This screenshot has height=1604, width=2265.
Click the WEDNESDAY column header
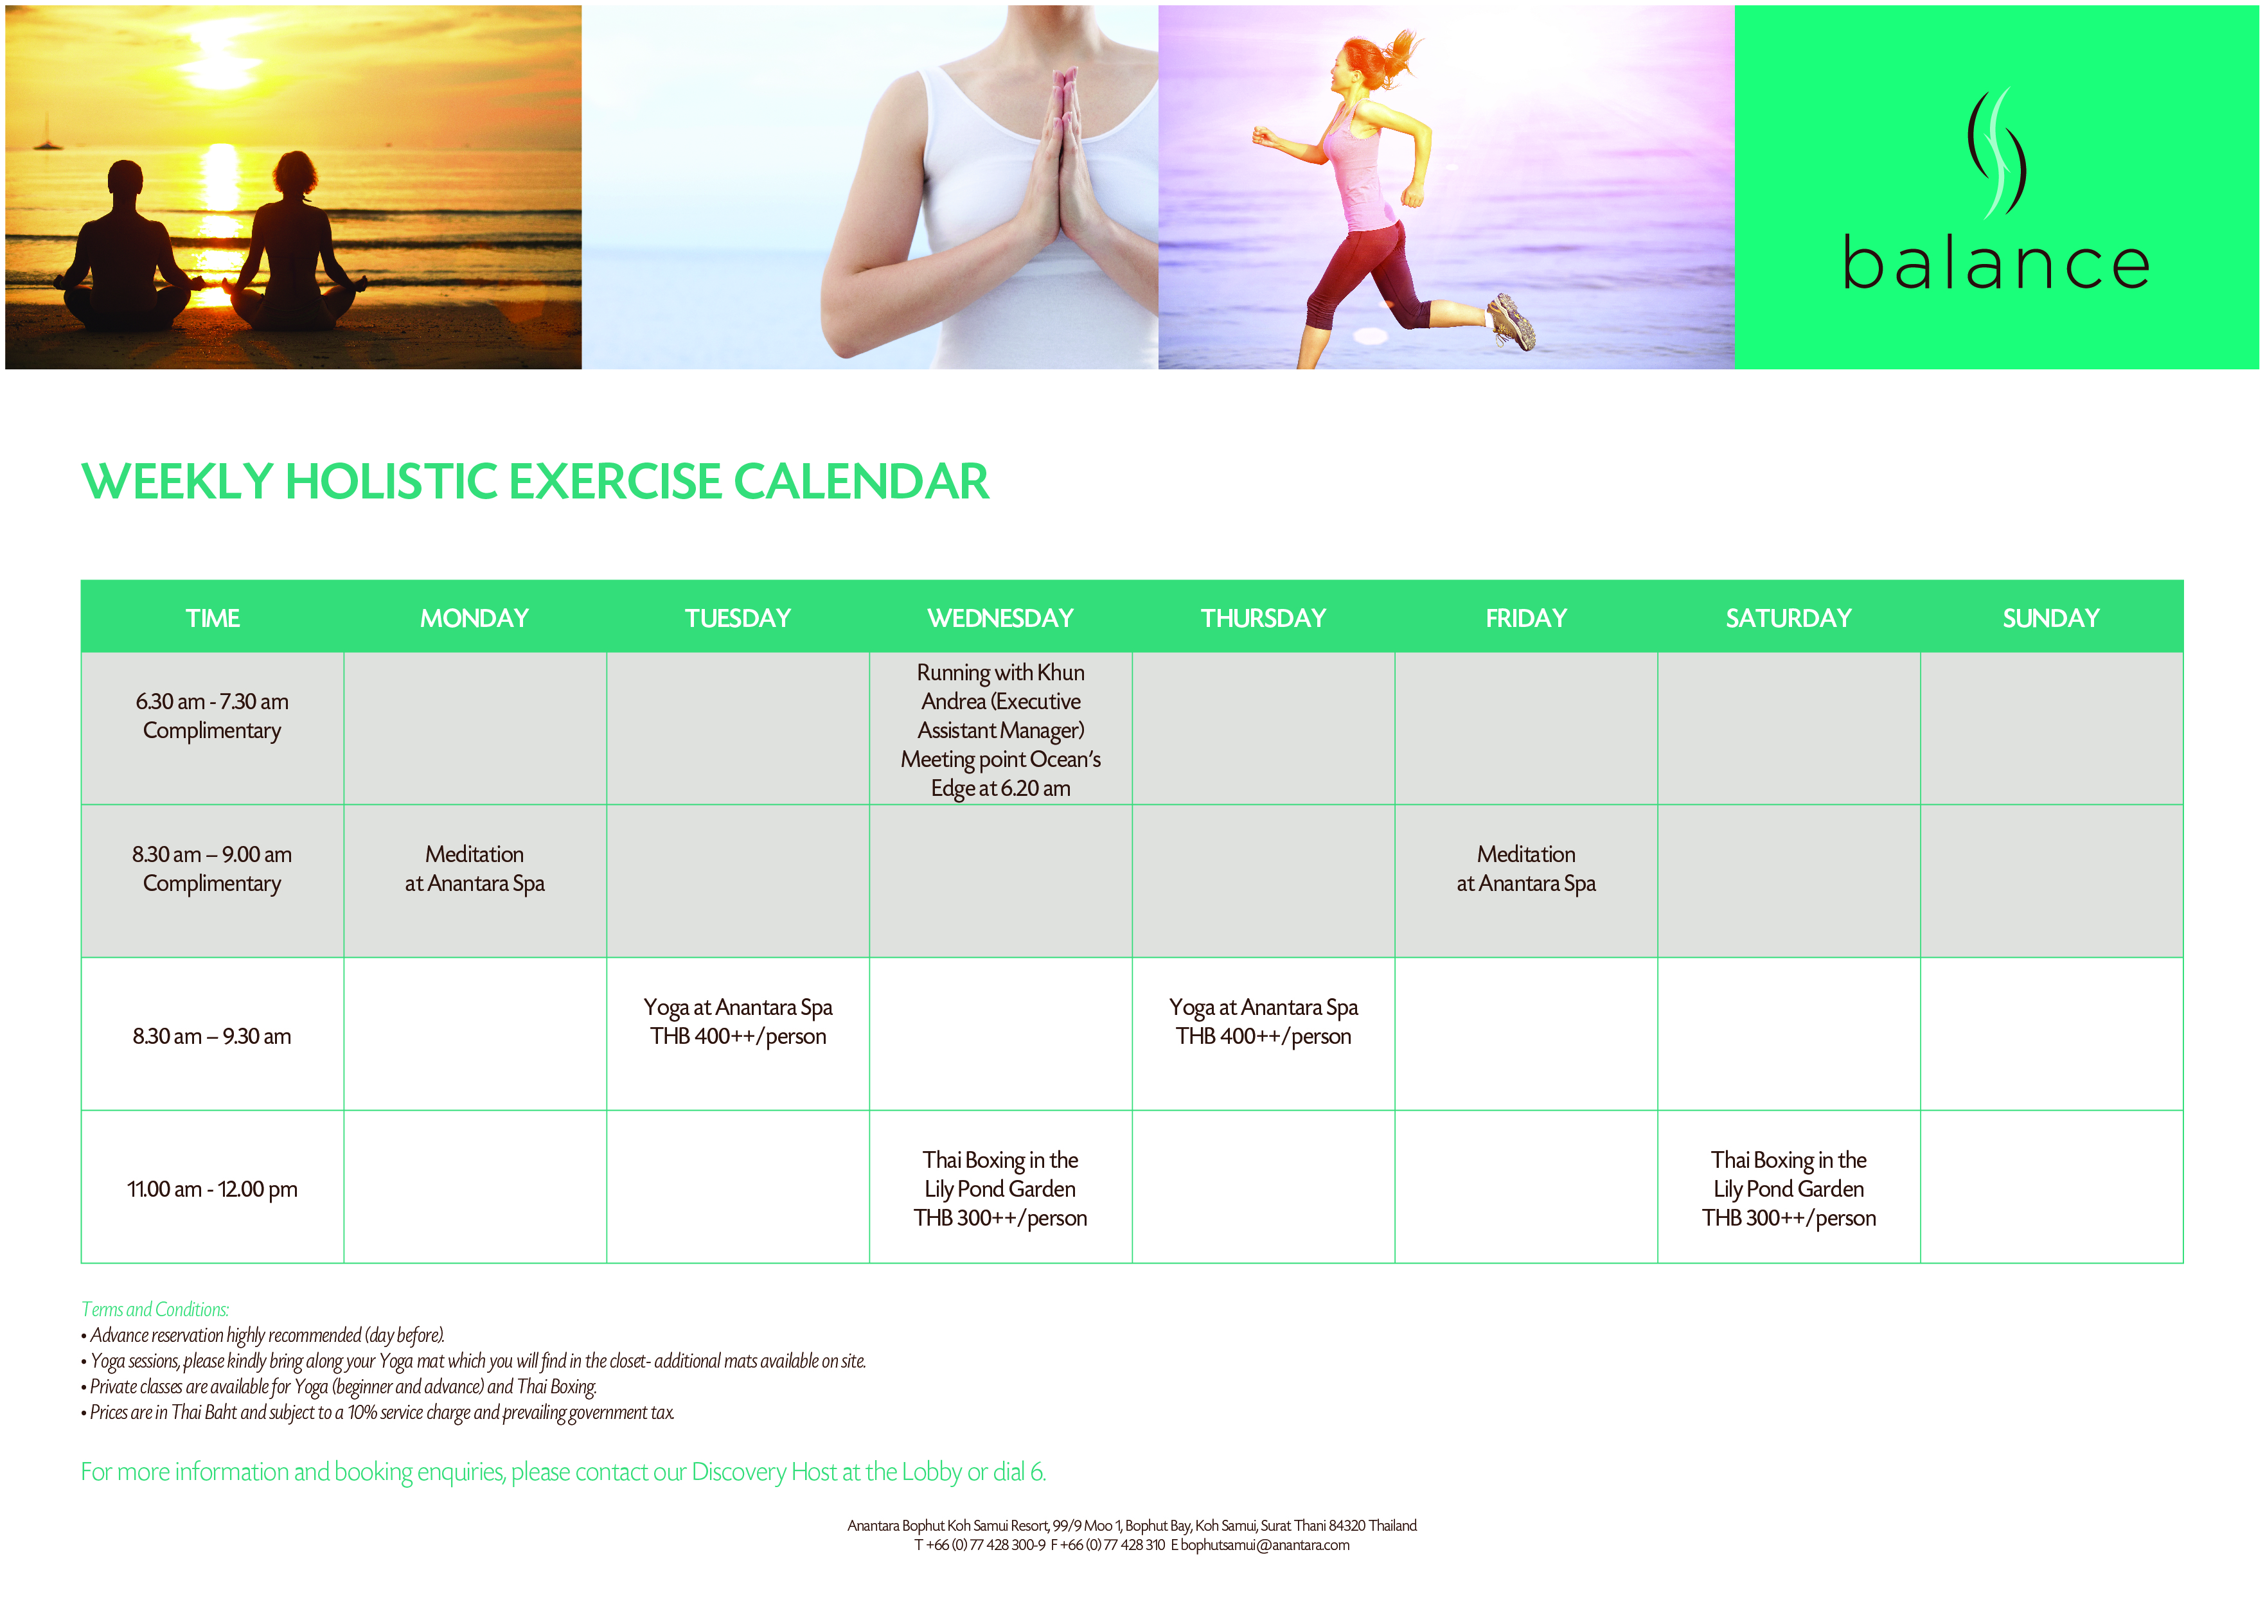pyautogui.click(x=1000, y=619)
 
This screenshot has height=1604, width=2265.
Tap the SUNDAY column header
pyautogui.click(x=2050, y=619)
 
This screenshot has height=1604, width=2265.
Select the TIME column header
pyautogui.click(x=213, y=619)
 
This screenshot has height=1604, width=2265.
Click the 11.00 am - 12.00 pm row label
pyautogui.click(x=213, y=1189)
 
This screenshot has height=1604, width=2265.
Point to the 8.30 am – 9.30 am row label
pyautogui.click(x=213, y=1036)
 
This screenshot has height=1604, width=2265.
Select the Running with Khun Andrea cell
pyautogui.click(x=1000, y=730)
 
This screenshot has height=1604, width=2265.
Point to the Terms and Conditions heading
pyautogui.click(x=155, y=1310)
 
